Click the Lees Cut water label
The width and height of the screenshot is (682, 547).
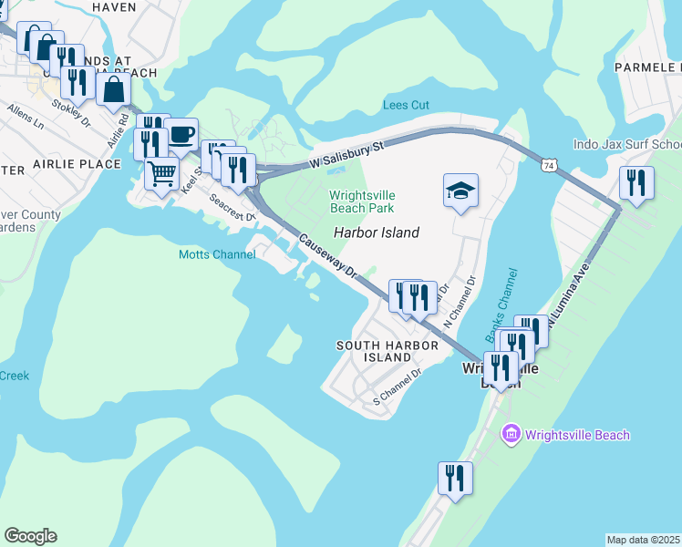406,105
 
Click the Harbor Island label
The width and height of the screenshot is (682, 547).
376,232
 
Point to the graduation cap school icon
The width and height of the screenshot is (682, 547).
460,191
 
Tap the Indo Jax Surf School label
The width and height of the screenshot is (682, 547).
627,144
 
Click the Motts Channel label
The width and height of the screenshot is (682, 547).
217,255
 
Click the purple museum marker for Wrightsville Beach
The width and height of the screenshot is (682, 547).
511,434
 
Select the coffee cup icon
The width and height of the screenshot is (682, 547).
181,135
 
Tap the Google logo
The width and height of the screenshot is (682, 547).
30,535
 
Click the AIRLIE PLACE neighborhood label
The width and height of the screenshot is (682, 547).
77,164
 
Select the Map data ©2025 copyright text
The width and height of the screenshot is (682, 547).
643,540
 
